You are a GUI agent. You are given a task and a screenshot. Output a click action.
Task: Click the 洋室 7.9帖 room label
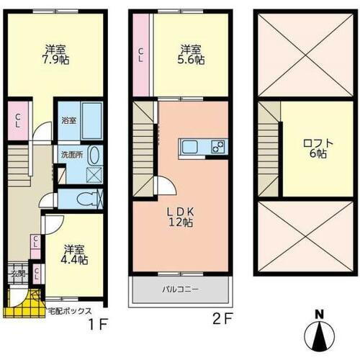pyautogui.click(x=56, y=55)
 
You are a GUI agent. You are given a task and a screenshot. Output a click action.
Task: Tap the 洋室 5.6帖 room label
pyautogui.click(x=191, y=55)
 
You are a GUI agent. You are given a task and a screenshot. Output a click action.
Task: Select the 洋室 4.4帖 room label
pyautogui.click(x=74, y=255)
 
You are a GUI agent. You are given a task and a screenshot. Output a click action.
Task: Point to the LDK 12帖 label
pyautogui.click(x=181, y=217)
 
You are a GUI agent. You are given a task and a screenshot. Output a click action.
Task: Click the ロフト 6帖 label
pyautogui.click(x=318, y=148)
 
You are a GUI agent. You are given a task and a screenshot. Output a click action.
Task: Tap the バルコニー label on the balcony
pyautogui.click(x=181, y=289)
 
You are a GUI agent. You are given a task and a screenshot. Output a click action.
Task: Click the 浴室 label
pyautogui.click(x=69, y=121)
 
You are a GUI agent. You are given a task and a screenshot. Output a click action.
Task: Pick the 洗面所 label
pyautogui.click(x=72, y=155)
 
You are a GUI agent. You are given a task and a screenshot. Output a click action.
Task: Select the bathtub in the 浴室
pyautogui.click(x=92, y=121)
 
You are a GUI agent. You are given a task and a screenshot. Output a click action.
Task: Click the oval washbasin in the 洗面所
pyautogui.click(x=94, y=156)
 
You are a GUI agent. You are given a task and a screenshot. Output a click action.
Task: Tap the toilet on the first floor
pyautogui.click(x=87, y=199)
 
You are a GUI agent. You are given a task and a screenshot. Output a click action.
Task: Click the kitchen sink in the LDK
pyautogui.click(x=189, y=147)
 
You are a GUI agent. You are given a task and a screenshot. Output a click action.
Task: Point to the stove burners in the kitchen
pyautogui.click(x=218, y=147)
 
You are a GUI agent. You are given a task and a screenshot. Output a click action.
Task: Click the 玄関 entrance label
pyautogui.click(x=18, y=274)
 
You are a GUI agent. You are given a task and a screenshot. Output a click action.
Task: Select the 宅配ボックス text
pyautogui.click(x=70, y=311)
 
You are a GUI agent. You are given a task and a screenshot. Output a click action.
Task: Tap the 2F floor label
pyautogui.click(x=223, y=319)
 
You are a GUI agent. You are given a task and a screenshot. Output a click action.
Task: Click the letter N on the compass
pyautogui.click(x=319, y=315)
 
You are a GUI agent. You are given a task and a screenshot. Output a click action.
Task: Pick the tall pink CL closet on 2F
pyautogui.click(x=141, y=55)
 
